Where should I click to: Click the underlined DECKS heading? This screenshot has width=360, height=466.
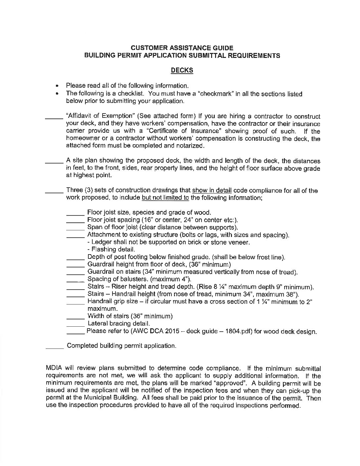pos(182,70)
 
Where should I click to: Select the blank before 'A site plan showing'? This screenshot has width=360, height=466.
pos(54,162)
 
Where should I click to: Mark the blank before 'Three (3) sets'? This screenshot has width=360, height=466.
pos(54,192)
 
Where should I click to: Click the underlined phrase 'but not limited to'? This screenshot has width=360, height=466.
pos(165,198)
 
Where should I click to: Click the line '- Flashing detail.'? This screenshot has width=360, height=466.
pos(111,250)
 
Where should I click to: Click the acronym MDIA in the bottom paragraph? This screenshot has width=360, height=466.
pos(54,368)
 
